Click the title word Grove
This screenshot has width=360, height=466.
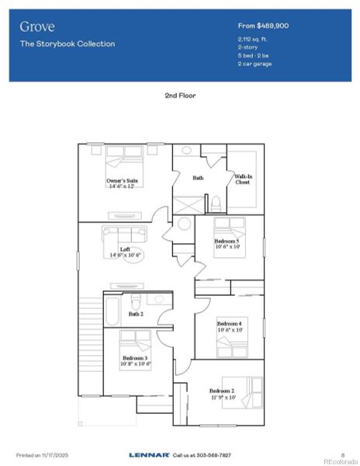(x=37, y=26)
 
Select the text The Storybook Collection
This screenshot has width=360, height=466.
(x=67, y=44)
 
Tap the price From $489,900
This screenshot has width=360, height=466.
(x=263, y=26)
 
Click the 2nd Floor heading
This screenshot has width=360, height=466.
(x=180, y=96)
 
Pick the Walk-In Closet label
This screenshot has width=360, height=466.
(x=242, y=179)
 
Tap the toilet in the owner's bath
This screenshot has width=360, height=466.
(x=215, y=203)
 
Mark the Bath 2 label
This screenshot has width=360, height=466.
(x=136, y=314)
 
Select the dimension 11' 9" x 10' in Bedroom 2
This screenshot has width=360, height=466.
(x=222, y=397)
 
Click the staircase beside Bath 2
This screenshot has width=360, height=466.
(x=90, y=342)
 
